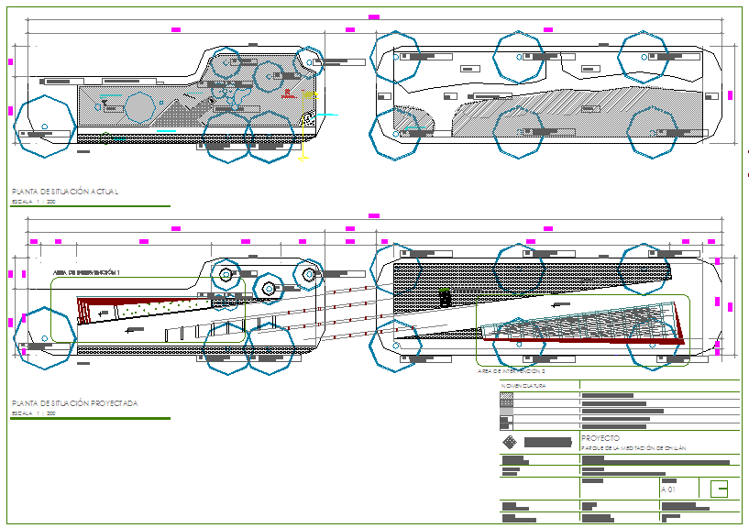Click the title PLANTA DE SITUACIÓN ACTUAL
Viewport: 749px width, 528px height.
64,191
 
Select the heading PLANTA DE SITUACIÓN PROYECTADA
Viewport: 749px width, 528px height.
74,402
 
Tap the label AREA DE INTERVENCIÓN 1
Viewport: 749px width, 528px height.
88,272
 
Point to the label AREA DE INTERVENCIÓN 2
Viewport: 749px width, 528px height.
512,371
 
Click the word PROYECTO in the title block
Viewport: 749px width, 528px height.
600,438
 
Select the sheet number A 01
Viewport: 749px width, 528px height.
668,489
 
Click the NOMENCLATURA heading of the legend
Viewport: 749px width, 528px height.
523,387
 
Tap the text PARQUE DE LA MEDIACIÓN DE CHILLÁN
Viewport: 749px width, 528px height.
633,447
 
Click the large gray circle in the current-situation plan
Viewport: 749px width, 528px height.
140,107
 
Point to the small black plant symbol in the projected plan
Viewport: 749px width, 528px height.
445,296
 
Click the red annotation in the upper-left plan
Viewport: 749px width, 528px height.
287,93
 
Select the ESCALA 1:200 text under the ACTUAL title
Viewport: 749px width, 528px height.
33,201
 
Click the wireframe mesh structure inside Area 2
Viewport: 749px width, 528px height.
587,321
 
